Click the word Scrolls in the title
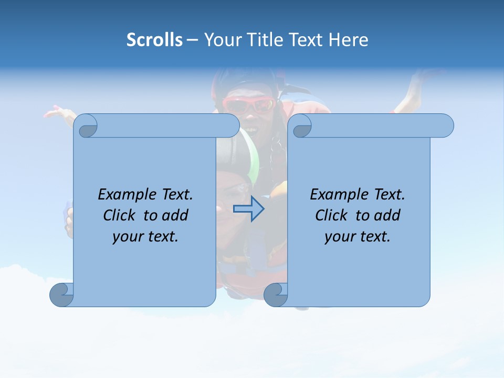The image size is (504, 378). click(154, 40)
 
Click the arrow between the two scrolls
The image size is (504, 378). click(249, 209)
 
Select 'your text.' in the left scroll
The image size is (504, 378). click(145, 237)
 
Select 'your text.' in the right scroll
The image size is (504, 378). click(358, 237)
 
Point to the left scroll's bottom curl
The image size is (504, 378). click(61, 295)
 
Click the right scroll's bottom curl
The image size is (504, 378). click(276, 295)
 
